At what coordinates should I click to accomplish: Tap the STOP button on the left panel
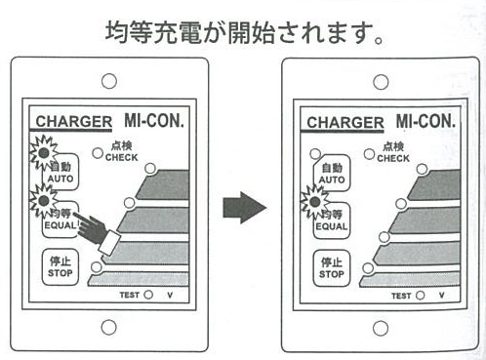point(61,267)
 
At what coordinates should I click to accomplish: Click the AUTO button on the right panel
point(332,174)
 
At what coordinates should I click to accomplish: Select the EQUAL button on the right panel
point(332,221)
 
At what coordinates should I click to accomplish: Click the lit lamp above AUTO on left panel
point(44,152)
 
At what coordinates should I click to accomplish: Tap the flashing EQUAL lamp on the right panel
point(314,202)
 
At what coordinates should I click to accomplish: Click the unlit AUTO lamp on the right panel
point(315,154)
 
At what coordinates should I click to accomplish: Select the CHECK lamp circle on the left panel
point(98,153)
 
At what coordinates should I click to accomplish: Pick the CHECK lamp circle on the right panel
point(369,154)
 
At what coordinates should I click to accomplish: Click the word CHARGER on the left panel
point(74,122)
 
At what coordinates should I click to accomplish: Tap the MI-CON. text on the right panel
point(425,121)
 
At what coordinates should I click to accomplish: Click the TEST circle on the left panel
point(148,295)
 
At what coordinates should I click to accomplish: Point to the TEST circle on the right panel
point(420,296)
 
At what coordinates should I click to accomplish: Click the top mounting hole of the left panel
point(109,81)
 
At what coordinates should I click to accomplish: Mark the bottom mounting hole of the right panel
point(381,328)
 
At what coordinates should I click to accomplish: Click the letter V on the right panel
point(441,296)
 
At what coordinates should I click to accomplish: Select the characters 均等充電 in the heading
point(153,32)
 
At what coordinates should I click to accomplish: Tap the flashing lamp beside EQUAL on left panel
point(44,201)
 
